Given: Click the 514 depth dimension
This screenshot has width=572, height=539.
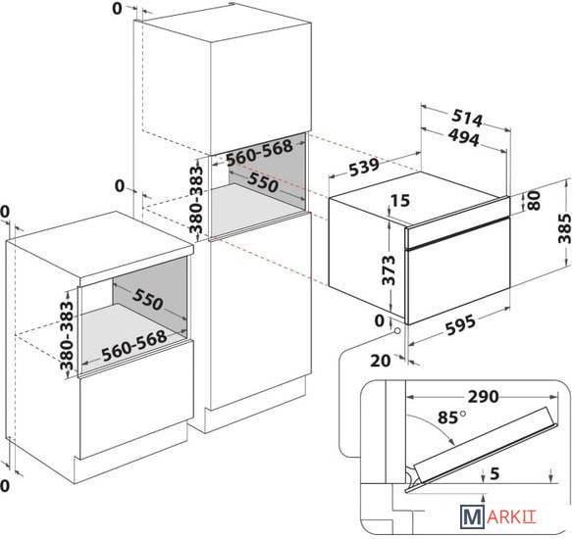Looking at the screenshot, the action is tap(467, 118).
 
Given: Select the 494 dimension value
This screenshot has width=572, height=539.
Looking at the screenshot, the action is tap(463, 138).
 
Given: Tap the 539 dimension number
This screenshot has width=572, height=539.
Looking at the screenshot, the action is tap(364, 167).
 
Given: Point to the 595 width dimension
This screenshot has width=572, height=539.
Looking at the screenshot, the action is tap(460, 324).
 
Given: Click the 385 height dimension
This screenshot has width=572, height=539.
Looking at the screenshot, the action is tap(564, 228).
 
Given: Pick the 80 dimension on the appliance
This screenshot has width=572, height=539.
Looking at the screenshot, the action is tap(534, 201).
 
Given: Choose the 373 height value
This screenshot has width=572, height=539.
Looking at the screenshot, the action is tap(389, 270).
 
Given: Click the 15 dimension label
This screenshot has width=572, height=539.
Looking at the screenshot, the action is tap(400, 201).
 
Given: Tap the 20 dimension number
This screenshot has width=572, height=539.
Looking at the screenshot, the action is tap(381, 361).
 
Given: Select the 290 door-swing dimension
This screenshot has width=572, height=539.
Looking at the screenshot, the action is tap(484, 397).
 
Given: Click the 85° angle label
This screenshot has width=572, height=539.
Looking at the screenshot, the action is tap(451, 417).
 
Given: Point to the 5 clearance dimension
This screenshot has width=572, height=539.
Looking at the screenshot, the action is tap(494, 473).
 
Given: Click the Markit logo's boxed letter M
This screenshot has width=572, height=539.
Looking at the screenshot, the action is tap(472, 516).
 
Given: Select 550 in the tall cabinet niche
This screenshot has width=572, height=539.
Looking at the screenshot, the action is tap(263, 182).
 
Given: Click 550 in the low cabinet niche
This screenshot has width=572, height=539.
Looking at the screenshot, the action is tap(147, 300).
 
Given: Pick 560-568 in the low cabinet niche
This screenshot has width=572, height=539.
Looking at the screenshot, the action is tap(134, 346).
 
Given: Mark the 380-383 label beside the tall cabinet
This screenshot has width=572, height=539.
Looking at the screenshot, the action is tap(196, 199).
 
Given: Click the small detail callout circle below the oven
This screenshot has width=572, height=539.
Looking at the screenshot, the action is tap(396, 330).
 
